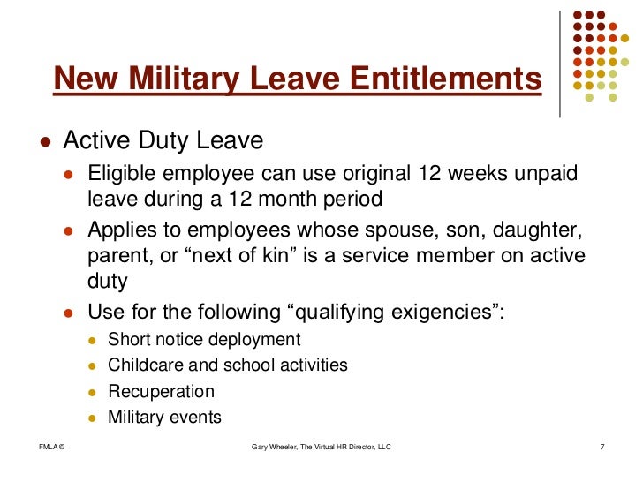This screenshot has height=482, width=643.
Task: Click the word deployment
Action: click(256, 340)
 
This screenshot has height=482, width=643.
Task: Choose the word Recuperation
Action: click(161, 391)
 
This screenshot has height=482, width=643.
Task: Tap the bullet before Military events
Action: click(94, 418)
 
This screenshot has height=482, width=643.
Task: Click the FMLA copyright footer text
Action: click(53, 448)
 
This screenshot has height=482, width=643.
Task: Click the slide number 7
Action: click(601, 448)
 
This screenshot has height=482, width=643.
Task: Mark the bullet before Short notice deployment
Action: click(94, 341)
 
